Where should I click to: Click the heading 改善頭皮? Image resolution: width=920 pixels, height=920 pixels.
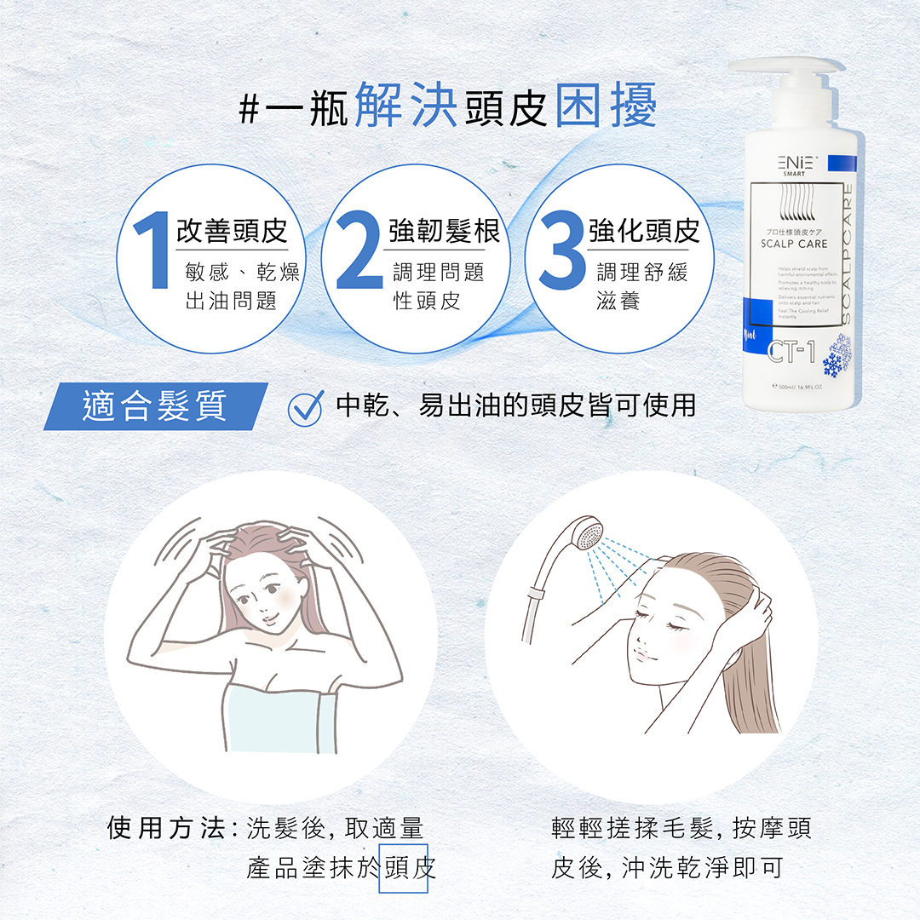point(232,230)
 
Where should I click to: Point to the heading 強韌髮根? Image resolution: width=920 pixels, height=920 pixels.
point(444,230)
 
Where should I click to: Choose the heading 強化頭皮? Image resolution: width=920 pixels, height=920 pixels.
point(644,230)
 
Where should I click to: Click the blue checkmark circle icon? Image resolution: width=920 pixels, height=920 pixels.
point(306,408)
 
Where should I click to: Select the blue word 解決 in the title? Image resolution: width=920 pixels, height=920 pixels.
point(405,106)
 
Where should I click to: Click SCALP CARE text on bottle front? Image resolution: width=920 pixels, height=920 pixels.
point(793,244)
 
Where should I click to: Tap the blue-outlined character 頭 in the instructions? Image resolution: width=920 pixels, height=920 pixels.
point(397,868)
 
